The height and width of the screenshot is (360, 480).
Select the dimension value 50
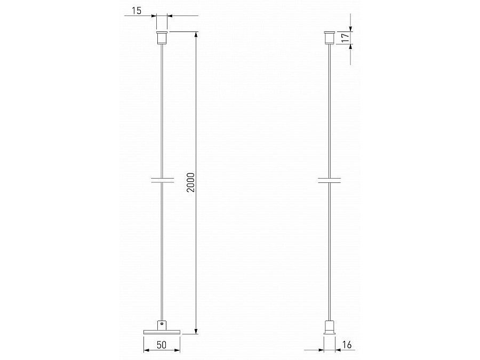(x=162, y=346)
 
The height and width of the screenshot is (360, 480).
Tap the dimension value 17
(x=345, y=38)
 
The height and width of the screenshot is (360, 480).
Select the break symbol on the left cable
(x=162, y=180)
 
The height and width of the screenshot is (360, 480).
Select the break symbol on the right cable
(x=330, y=180)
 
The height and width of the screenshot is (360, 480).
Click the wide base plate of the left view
(x=162, y=332)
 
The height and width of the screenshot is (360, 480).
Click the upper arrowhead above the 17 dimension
(x=350, y=28)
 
